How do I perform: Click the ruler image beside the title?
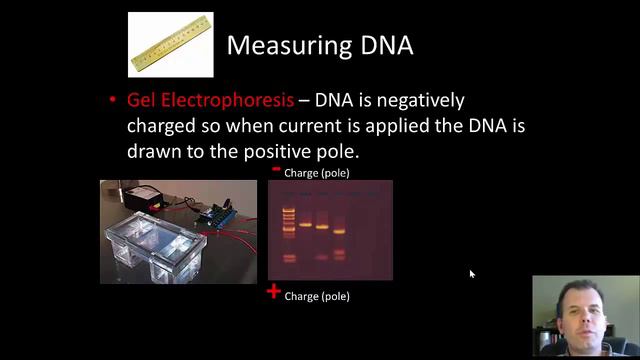(x=171, y=44)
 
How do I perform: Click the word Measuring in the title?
(x=283, y=45)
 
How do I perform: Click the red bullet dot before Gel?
(x=113, y=101)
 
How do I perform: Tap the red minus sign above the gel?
(x=276, y=170)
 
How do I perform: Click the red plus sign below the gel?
(x=273, y=292)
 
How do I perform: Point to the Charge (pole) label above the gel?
(x=317, y=173)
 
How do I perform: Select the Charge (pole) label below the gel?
(x=317, y=296)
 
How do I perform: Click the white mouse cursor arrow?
(x=472, y=274)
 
